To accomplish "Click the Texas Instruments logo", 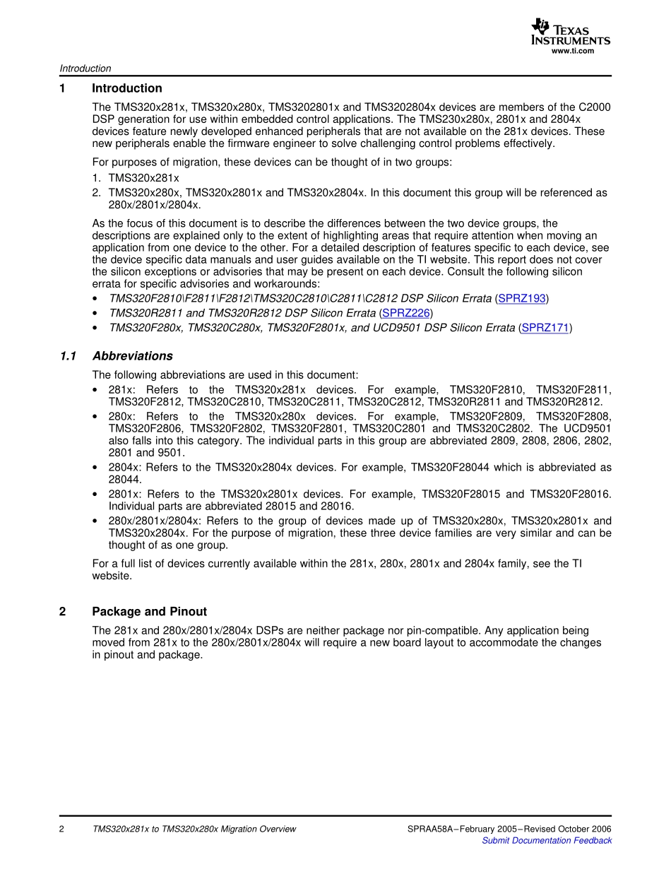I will [570, 32].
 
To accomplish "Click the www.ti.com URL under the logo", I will [572, 51].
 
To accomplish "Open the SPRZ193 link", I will [522, 299].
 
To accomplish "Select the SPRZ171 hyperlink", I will [545, 328].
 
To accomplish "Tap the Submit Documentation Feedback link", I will [546, 841].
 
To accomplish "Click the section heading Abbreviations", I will [132, 356].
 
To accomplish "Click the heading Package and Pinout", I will [149, 612].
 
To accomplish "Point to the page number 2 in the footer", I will [62, 829].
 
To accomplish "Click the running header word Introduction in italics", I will [85, 69].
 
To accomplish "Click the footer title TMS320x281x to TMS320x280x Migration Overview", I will [194, 829].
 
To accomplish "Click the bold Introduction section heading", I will [127, 88].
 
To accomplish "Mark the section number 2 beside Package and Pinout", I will [63, 612].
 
